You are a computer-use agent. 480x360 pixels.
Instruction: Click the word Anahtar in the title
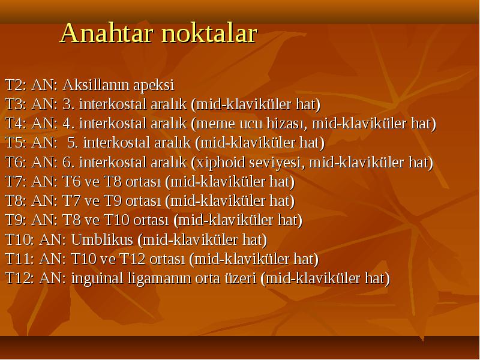tap(106, 33)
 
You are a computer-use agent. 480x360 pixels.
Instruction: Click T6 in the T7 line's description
tap(71, 182)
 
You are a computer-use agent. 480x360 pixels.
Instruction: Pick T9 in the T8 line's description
tap(113, 201)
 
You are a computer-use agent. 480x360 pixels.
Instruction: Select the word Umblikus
tap(102, 239)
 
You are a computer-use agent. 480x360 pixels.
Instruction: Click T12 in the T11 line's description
tap(133, 259)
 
